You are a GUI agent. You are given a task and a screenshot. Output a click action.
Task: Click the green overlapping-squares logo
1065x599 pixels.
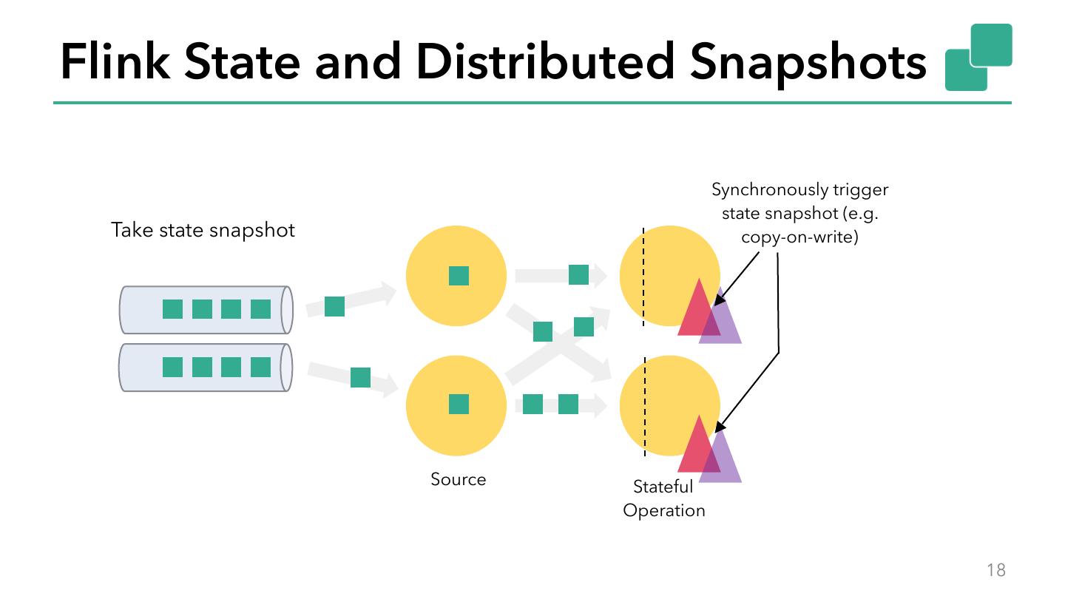tap(978, 57)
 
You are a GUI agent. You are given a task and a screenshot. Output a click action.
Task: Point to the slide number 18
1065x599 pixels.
tap(995, 569)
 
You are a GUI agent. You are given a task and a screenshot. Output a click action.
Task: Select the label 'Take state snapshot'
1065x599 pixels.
tap(203, 230)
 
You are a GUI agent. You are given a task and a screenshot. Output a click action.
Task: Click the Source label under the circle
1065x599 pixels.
tap(459, 479)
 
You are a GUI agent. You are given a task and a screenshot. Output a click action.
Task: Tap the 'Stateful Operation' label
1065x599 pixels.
tap(663, 498)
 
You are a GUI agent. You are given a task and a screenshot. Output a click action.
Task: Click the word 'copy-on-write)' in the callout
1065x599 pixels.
tap(799, 237)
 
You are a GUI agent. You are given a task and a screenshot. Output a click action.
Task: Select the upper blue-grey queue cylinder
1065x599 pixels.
tap(206, 310)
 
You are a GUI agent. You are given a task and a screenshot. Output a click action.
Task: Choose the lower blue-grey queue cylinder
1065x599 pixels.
tap(206, 368)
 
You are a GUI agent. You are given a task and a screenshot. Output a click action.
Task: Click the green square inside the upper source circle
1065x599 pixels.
tap(459, 276)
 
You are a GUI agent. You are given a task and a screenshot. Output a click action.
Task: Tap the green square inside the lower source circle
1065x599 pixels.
tap(459, 405)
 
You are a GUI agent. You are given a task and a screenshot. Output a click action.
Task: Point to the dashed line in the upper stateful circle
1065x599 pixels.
tap(643, 277)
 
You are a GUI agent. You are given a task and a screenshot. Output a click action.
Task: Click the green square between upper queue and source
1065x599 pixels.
tap(334, 306)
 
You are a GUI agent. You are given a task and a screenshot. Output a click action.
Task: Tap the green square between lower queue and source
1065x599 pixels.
tap(360, 377)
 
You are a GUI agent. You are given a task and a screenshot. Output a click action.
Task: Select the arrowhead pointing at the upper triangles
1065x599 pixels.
tap(720, 300)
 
